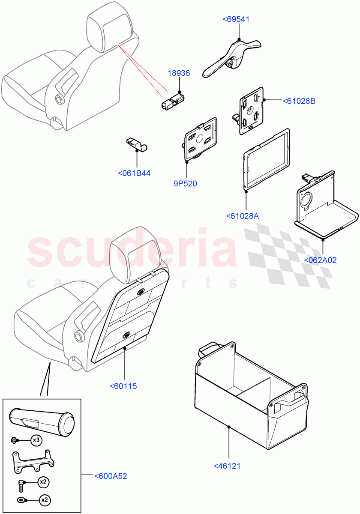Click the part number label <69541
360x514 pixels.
[x=236, y=19]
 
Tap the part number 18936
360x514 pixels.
[x=179, y=73]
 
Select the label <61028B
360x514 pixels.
[x=299, y=101]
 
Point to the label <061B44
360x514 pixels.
[x=134, y=173]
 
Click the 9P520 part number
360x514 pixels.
[x=185, y=184]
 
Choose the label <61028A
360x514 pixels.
[x=243, y=216]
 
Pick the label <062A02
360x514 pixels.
[x=320, y=260]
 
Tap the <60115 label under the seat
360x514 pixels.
[x=123, y=386]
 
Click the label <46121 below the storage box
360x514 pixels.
[x=227, y=466]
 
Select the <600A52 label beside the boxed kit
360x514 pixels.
[x=111, y=476]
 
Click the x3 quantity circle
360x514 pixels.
[x=36, y=440]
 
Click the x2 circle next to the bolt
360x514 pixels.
[x=43, y=482]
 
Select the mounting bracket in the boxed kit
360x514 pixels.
[x=33, y=461]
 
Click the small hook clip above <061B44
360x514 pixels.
[x=137, y=145]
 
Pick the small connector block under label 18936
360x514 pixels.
[x=172, y=101]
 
